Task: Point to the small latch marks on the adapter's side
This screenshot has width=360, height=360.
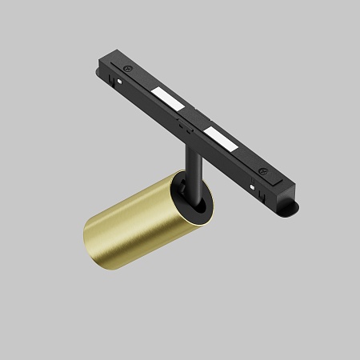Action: coord(184,126)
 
